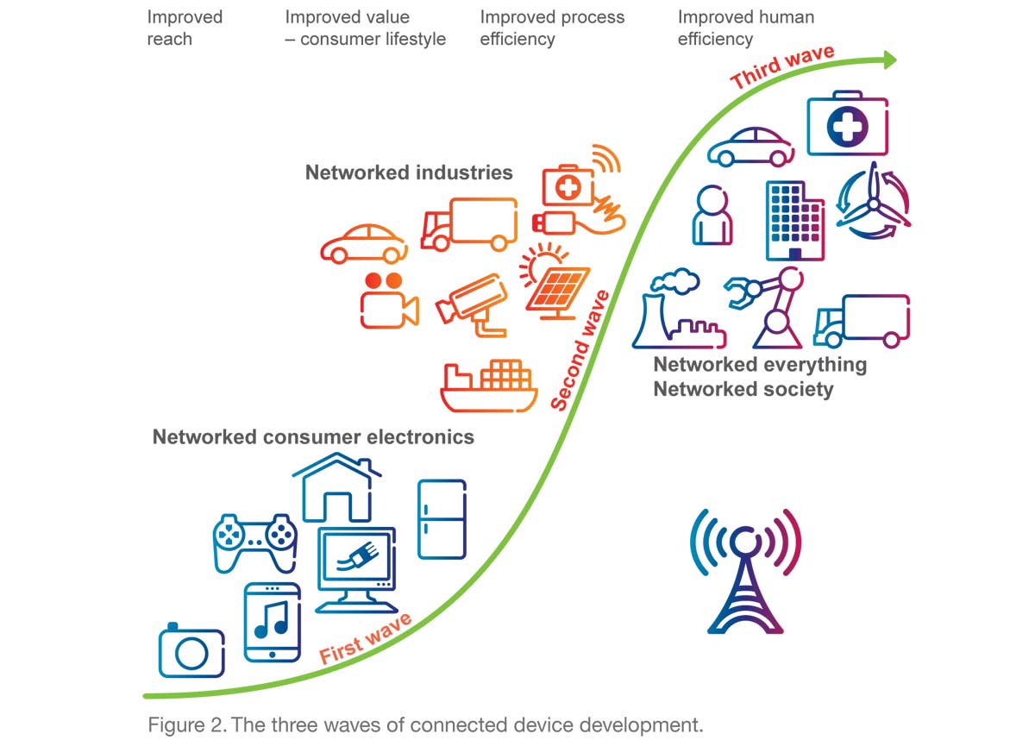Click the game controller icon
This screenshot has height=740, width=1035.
click(x=254, y=542)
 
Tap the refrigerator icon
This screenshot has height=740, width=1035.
click(x=442, y=518)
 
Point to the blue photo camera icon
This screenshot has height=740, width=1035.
click(x=191, y=652)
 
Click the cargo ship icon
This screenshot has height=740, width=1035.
click(x=488, y=386)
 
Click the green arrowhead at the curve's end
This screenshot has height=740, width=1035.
click(x=888, y=60)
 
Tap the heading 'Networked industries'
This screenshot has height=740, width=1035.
click(x=409, y=172)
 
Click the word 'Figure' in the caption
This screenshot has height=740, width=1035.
click(x=175, y=724)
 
